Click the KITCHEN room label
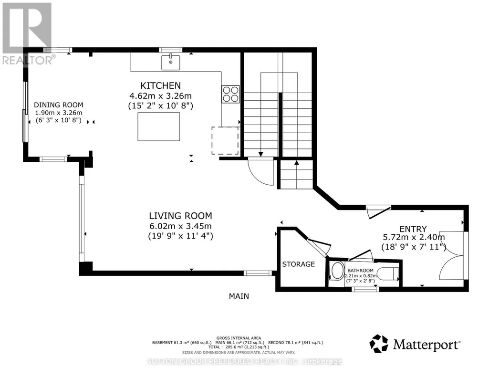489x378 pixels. pyautogui.click(x=160, y=85)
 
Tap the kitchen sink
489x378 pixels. pyautogui.click(x=171, y=63)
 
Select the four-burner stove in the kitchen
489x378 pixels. pyautogui.click(x=230, y=94)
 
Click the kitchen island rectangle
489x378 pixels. pyautogui.click(x=159, y=126)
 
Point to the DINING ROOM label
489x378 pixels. pyautogui.click(x=59, y=105)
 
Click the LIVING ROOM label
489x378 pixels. pyautogui.click(x=180, y=216)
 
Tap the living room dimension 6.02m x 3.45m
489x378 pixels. pyautogui.click(x=180, y=226)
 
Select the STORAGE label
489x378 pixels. pyautogui.click(x=299, y=264)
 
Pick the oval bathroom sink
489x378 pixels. pyautogui.click(x=337, y=271)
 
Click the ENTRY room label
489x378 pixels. pyautogui.click(x=413, y=229)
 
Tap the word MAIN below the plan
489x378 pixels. pyautogui.click(x=239, y=296)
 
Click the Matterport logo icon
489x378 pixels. pyautogui.click(x=379, y=344)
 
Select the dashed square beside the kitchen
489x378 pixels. pyautogui.click(x=225, y=140)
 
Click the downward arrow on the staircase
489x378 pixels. pyautogui.click(x=260, y=154)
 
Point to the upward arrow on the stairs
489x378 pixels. pyautogui.click(x=297, y=162)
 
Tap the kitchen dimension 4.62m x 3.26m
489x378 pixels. pyautogui.click(x=160, y=96)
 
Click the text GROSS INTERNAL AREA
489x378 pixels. pyautogui.click(x=239, y=338)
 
